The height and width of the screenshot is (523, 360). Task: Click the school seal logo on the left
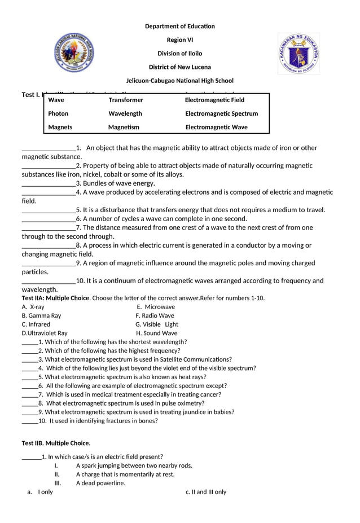(x=74, y=53)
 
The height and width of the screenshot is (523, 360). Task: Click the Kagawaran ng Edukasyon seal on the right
(x=298, y=53)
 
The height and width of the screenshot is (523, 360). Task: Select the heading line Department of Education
(x=179, y=27)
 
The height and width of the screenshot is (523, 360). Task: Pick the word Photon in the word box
(x=58, y=113)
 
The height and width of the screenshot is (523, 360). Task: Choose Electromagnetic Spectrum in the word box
(x=221, y=113)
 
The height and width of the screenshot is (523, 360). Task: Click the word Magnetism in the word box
(x=124, y=127)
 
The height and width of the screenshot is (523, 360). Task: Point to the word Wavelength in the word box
(x=125, y=113)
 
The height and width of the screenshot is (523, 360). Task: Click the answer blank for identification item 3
(x=49, y=183)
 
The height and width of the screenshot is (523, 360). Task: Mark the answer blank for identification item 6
(x=49, y=219)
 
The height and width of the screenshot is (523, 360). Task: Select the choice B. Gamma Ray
(x=41, y=316)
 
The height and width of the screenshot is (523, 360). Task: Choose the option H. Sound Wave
(x=156, y=333)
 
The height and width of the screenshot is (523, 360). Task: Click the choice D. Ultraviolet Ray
(x=45, y=333)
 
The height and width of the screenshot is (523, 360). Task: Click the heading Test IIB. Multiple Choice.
(x=56, y=443)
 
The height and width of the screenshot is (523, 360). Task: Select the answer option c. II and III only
(x=206, y=492)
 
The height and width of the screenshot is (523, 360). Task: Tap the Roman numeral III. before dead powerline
(x=58, y=484)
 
